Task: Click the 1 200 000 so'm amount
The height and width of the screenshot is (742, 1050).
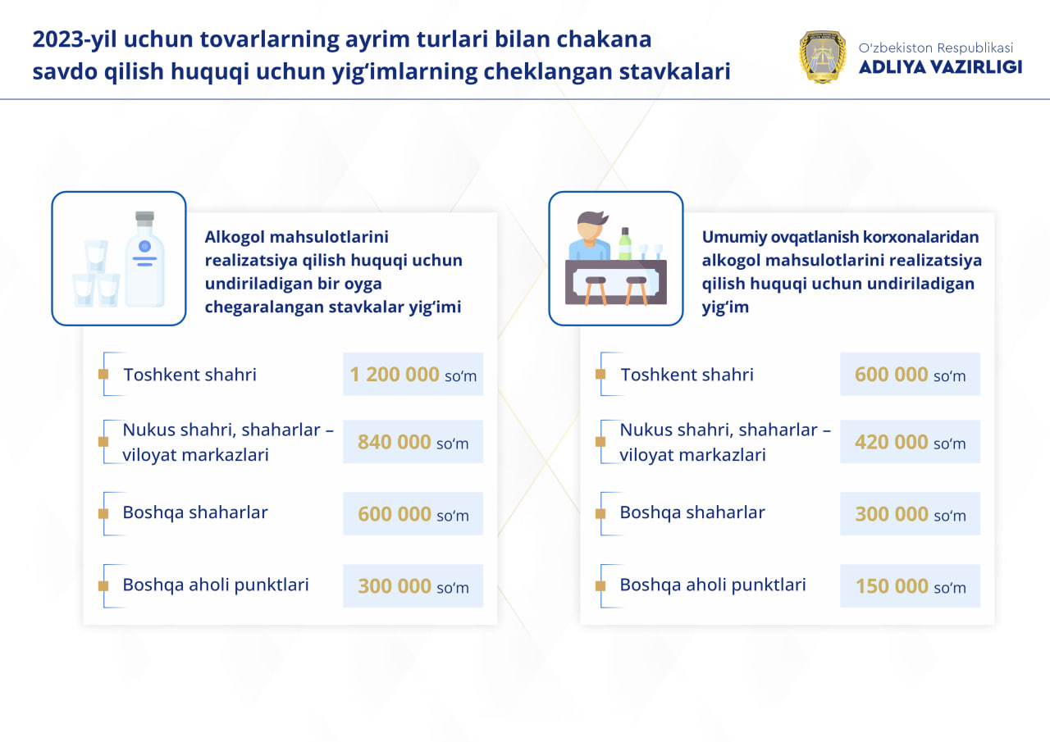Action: pos(413,375)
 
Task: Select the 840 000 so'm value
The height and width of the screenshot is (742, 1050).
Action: pos(413,443)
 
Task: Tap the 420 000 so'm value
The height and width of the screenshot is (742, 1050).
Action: pos(910,443)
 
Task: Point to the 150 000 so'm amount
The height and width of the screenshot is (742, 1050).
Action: pos(910,586)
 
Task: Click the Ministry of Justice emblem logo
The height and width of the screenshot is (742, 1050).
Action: pos(823,57)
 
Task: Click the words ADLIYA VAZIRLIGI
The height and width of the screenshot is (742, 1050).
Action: pos(940,67)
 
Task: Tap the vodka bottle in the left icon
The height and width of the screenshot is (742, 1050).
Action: pos(145,260)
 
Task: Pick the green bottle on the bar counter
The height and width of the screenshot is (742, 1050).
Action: pos(625,244)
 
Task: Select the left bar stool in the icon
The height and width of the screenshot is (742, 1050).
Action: pos(596,287)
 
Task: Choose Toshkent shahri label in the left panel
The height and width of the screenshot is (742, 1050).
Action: pos(189,375)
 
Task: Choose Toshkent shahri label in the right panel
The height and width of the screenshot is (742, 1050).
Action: pos(687,375)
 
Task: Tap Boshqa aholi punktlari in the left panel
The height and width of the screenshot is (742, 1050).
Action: pos(216,585)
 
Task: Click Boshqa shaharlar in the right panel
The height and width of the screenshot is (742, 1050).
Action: pos(692,512)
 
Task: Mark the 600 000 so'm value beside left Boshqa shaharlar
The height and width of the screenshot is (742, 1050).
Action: pos(413,515)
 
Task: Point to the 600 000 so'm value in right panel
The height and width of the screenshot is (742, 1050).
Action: pos(910,375)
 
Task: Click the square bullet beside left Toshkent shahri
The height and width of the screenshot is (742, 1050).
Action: pos(103,375)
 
